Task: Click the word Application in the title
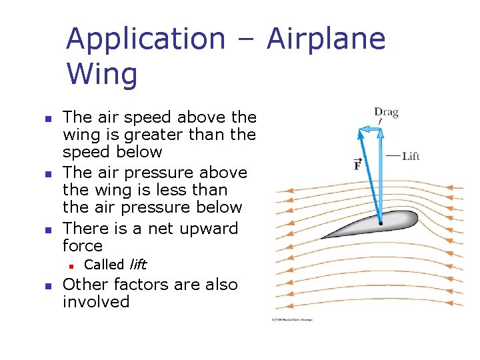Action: [x=145, y=39]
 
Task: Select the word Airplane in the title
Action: [x=326, y=39]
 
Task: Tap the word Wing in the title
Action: [x=102, y=74]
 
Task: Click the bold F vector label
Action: [x=357, y=164]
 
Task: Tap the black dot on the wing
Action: [x=381, y=223]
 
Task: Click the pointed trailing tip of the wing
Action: [x=323, y=237]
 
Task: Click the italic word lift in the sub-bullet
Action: [x=138, y=265]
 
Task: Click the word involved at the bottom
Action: [x=96, y=302]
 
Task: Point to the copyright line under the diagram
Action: [x=291, y=319]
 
